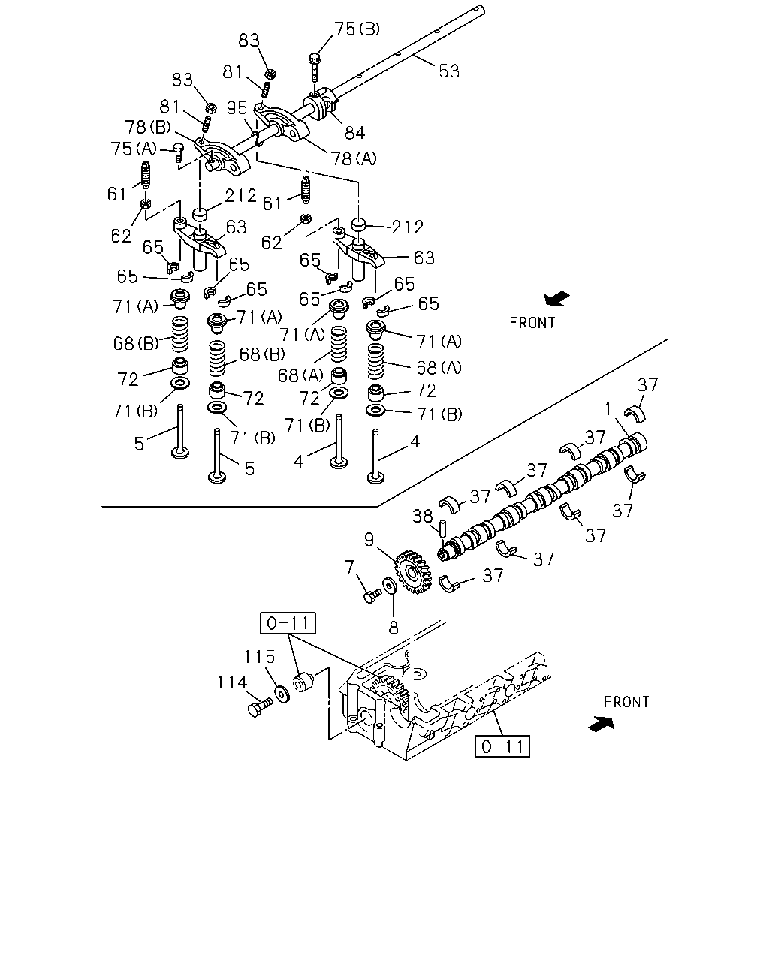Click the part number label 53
click(x=448, y=71)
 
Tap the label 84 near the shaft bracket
click(x=354, y=133)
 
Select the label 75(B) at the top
click(x=357, y=29)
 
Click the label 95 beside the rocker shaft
click(x=237, y=107)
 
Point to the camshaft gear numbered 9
click(x=413, y=571)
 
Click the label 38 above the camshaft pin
click(x=422, y=517)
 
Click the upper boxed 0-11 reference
click(x=288, y=623)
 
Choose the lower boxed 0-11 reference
click(x=502, y=746)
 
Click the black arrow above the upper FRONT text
click(x=556, y=298)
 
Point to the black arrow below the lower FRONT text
click(x=601, y=724)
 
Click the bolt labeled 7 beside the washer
click(x=372, y=595)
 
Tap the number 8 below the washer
click(x=394, y=628)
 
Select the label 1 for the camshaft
click(x=608, y=408)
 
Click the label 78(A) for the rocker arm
click(x=354, y=158)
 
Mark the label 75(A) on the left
click(x=134, y=149)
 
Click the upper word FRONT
click(x=532, y=322)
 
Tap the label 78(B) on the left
click(x=148, y=128)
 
